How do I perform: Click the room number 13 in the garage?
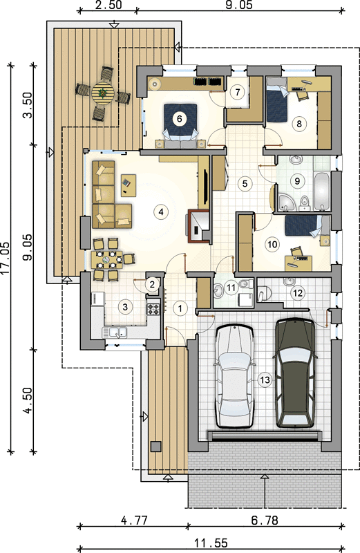(265, 379)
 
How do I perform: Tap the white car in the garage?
(235, 376)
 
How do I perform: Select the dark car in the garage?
(295, 373)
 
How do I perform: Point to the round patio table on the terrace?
(103, 93)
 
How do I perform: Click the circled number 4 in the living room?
(161, 212)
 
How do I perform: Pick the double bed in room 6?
(180, 124)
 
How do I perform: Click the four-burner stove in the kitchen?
(153, 309)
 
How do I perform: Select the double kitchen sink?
(115, 332)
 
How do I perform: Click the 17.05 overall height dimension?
(5, 258)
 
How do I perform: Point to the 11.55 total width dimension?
(211, 543)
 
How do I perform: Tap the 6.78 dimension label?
(265, 520)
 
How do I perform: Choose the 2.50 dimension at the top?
(108, 5)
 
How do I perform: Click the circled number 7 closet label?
(238, 92)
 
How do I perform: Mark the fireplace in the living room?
(198, 227)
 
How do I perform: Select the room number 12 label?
(298, 292)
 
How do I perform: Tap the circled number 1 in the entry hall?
(180, 308)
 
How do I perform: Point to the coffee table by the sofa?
(129, 185)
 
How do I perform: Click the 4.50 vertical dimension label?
(28, 400)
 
